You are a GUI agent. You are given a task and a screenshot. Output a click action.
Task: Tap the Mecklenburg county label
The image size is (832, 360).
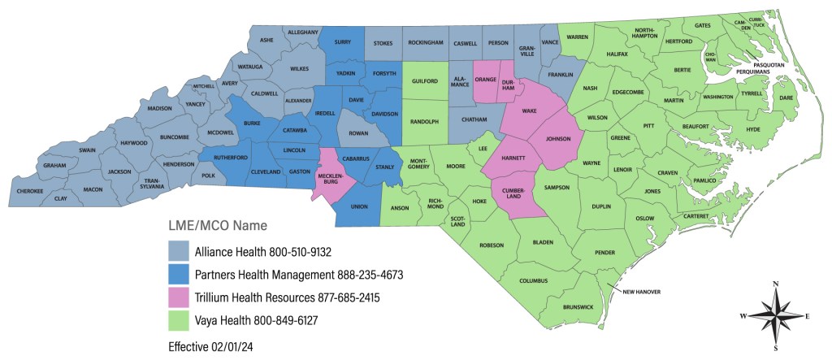coord(331,180)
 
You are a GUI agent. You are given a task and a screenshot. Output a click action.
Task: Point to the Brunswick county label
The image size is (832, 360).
coord(579,306)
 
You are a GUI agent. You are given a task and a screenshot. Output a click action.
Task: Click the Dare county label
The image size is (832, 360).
coord(786,98)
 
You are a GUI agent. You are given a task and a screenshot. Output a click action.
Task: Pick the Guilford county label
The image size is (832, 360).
coord(425,81)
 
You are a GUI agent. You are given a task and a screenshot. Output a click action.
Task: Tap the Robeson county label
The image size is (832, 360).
coord(492,245)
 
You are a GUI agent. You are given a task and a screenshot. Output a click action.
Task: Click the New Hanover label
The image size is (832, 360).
coord(641,290)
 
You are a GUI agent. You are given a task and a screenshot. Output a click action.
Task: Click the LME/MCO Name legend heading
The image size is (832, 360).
coord(218,224)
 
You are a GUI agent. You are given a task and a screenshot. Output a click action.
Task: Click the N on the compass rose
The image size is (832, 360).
coord(775,284)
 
